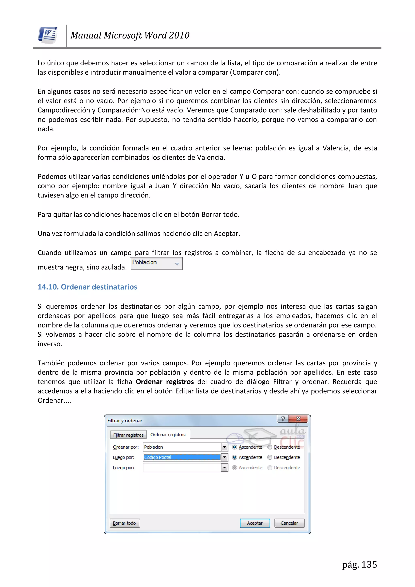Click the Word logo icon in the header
click(x=48, y=35)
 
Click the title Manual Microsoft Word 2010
click(x=130, y=35)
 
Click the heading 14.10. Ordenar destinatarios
click(x=87, y=287)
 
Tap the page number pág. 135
click(x=359, y=564)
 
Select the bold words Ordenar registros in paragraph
click(x=165, y=382)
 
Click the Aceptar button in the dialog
click(x=255, y=523)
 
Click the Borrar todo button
click(x=124, y=523)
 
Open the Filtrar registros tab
click(x=128, y=435)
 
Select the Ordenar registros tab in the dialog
click(x=168, y=435)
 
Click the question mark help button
click(x=283, y=419)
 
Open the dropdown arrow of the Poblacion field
click(x=224, y=447)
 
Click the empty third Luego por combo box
click(x=182, y=468)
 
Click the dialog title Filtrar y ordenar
click(x=125, y=421)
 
